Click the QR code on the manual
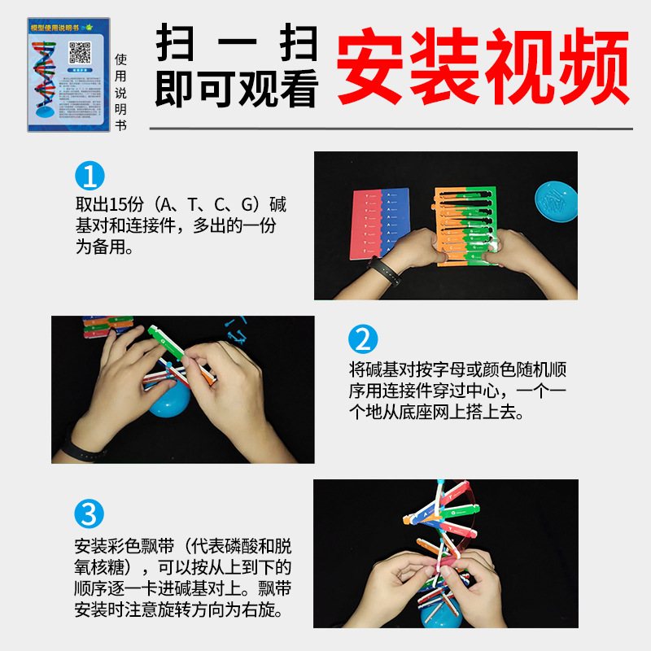click(78, 52)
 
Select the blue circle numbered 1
click(90, 177)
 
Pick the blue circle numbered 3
click(90, 514)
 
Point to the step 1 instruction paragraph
click(181, 225)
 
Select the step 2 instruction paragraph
click(457, 391)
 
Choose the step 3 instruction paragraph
click(182, 576)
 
